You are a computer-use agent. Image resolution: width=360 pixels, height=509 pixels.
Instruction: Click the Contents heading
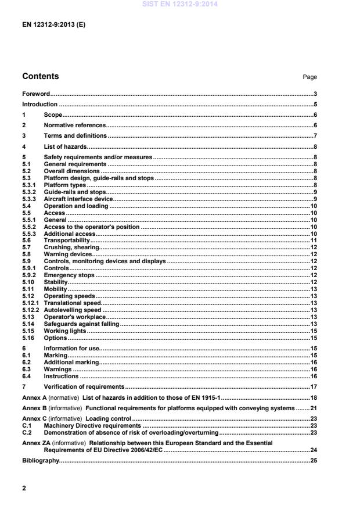[x=40, y=77]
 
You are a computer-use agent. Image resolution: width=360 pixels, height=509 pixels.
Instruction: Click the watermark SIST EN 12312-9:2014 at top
[x=180, y=5]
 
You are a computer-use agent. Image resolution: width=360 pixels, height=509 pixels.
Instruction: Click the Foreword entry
[x=35, y=94]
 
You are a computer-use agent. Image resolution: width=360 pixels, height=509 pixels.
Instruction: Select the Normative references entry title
[x=74, y=126]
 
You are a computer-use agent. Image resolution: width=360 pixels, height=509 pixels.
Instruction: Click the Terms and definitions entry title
[x=75, y=136]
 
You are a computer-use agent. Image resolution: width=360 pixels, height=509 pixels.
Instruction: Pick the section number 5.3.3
[x=29, y=199]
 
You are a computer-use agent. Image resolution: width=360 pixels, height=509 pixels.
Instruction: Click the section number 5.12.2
[x=30, y=310]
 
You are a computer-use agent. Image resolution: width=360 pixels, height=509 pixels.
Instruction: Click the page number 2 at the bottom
[x=24, y=489]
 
